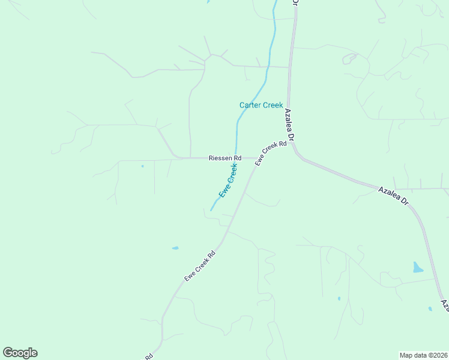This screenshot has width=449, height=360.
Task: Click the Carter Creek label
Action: pyautogui.click(x=261, y=105)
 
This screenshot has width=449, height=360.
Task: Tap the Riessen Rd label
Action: pyautogui.click(x=224, y=158)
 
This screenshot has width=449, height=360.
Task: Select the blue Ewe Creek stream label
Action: pyautogui.click(x=228, y=181)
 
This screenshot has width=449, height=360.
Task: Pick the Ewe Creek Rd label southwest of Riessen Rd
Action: pyautogui.click(x=199, y=266)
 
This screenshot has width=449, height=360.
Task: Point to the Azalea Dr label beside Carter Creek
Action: pyautogui.click(x=289, y=125)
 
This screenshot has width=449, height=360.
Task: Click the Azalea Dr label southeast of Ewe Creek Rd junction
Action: pyautogui.click(x=393, y=197)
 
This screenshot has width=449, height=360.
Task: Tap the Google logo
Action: pyautogui.click(x=20, y=353)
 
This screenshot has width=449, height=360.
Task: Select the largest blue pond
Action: pyautogui.click(x=418, y=268)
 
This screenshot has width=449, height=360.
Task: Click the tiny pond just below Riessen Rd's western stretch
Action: pyautogui.click(x=142, y=166)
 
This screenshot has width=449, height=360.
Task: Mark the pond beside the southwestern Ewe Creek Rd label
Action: pyautogui.click(x=175, y=248)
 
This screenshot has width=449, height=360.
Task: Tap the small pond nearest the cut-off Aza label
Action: pyautogui.click(x=430, y=309)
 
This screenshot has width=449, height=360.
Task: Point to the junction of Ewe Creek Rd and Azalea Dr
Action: pyautogui.click(x=292, y=145)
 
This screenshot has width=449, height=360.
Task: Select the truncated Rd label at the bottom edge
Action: pyautogui.click(x=148, y=356)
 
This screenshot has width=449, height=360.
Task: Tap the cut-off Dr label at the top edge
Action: pyautogui.click(x=295, y=3)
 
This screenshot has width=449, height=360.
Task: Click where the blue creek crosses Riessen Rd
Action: pyautogui.click(x=235, y=158)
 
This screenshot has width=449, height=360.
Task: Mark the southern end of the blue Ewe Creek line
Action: pyautogui.click(x=211, y=210)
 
